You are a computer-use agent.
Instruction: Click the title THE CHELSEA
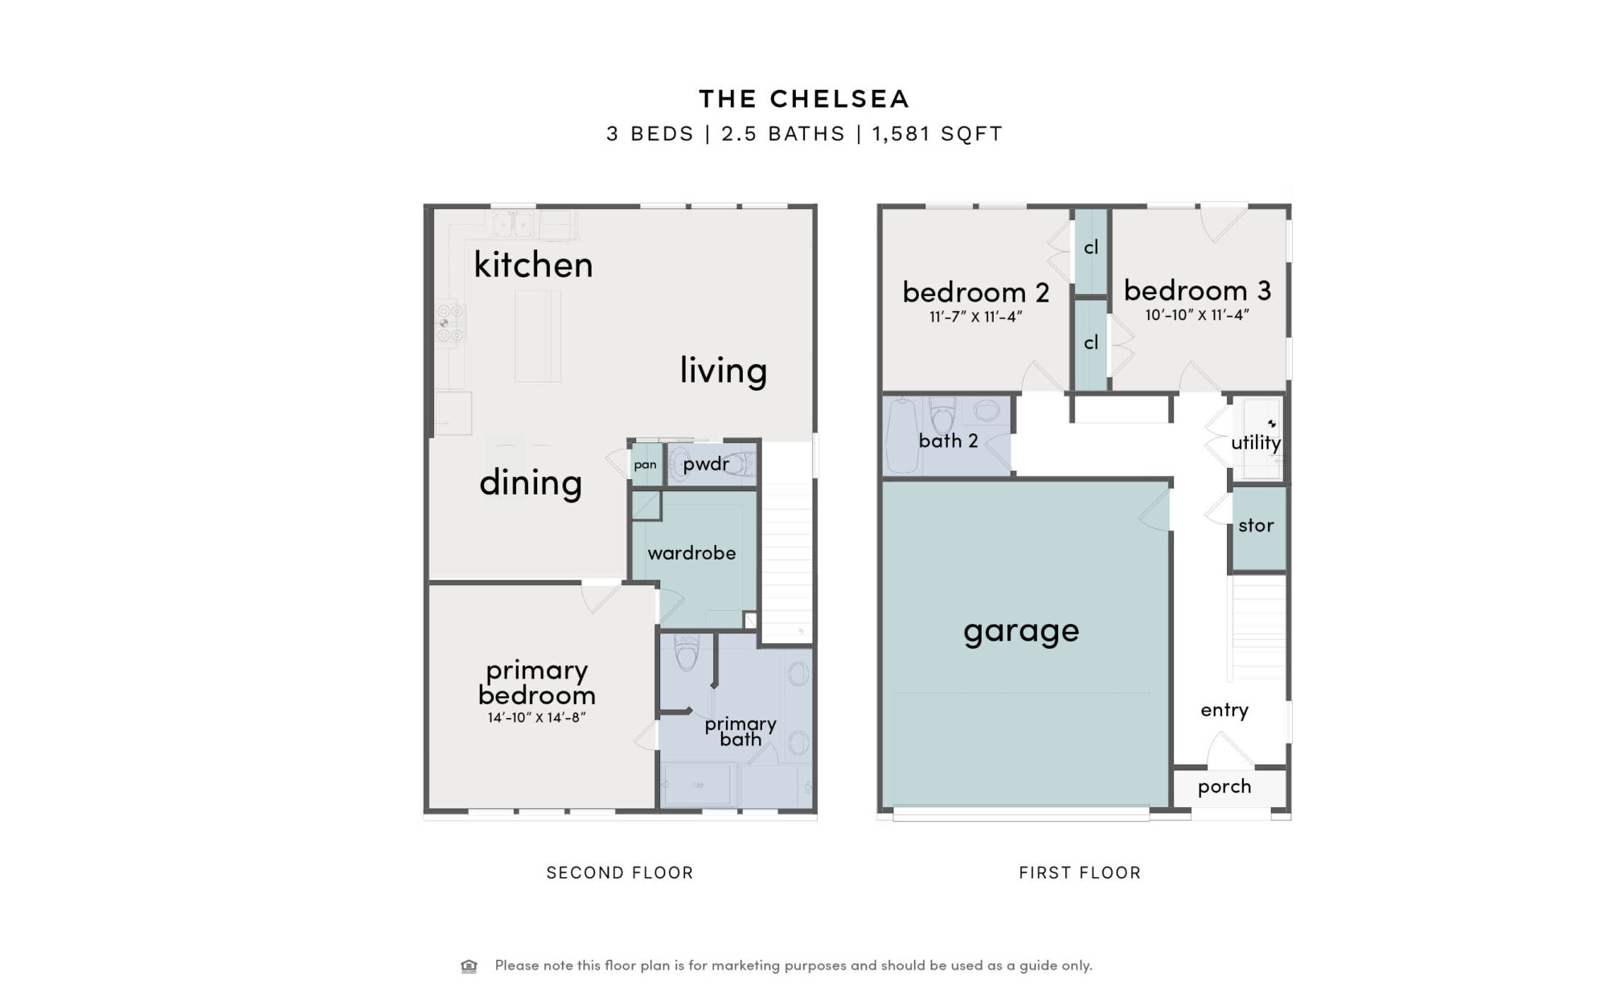[804, 99]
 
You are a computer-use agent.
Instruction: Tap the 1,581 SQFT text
[937, 133]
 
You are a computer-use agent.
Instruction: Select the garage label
[1021, 632]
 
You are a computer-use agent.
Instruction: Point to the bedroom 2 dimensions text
[975, 317]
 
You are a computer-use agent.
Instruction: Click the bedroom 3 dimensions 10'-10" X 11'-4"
[1197, 315]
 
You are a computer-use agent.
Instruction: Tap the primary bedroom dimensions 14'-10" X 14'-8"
[536, 717]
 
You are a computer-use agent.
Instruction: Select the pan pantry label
[645, 466]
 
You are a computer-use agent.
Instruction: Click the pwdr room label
[706, 465]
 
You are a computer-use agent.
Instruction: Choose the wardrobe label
[691, 553]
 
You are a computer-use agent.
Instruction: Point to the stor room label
[1256, 526]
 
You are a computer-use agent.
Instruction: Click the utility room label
[1256, 443]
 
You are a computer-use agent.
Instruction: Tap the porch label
[1224, 787]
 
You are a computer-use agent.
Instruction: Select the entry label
[1224, 710]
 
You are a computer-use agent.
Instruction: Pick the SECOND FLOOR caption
[619, 873]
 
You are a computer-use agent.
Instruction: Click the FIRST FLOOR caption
[1080, 873]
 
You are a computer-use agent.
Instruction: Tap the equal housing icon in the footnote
[469, 966]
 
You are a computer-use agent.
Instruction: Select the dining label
[531, 483]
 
